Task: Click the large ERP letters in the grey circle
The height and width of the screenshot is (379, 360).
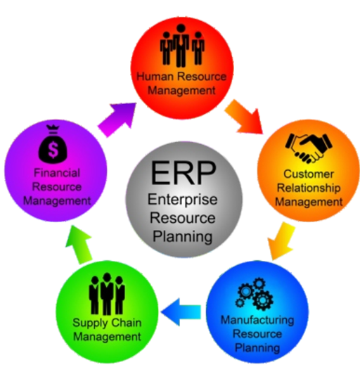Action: pos(183,173)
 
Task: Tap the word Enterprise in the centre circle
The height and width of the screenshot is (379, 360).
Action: pos(183,200)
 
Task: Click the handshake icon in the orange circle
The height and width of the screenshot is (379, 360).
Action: pos(309,148)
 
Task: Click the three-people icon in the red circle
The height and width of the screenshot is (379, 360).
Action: pos(182,46)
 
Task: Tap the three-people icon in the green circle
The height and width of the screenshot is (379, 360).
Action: pos(107,294)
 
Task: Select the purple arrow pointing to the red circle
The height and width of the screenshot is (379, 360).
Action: pos(117,119)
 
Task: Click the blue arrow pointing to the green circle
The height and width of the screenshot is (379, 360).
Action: pos(181,311)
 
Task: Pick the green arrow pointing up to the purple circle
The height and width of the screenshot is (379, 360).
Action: pos(79,245)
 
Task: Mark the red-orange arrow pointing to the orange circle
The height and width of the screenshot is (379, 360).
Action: pos(244,117)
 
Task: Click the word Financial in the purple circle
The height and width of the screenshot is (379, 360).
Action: pos(57,173)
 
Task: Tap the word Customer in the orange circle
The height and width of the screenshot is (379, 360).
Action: pos(309,174)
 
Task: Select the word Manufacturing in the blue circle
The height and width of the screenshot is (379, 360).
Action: pos(257,320)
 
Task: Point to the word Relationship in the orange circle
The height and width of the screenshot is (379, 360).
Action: pos(309,188)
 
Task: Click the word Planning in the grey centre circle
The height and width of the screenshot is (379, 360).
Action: pos(183,236)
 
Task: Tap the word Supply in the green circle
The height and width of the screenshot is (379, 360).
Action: pos(87,323)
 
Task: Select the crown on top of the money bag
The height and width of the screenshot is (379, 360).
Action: pos(53,127)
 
